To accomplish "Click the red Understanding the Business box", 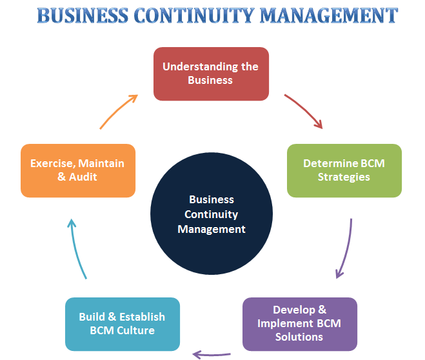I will [x=210, y=74].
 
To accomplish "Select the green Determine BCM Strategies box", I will [x=344, y=170].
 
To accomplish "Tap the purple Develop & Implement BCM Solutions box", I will [x=299, y=324].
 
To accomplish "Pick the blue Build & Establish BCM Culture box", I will [x=122, y=324].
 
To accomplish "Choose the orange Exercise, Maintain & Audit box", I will [x=78, y=170].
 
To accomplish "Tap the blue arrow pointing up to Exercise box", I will [x=77, y=248].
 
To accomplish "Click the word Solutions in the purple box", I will [x=299, y=337].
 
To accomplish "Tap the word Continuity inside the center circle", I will [x=212, y=214].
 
